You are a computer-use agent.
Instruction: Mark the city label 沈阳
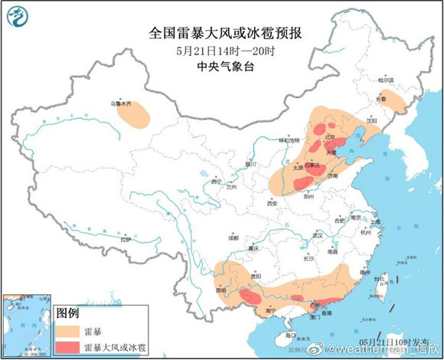[x=372, y=120]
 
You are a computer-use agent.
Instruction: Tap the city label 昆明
[x=222, y=290]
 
